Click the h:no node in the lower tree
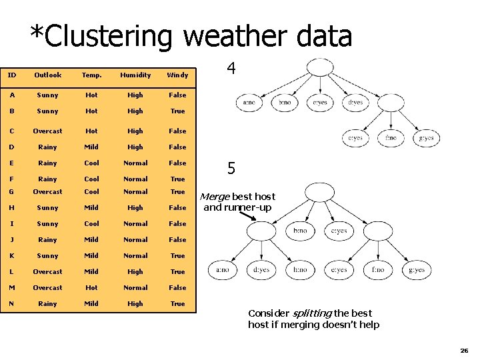pos(300,270)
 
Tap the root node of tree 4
pos(320,67)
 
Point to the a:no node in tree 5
pos(221,270)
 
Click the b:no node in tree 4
pos(284,103)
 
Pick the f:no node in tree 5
pos(377,270)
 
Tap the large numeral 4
pos(231,69)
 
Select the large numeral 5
pos(231,169)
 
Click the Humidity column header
pos(135,75)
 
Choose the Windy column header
pos(177,75)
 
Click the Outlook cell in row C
pos(48,131)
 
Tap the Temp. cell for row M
pos(91,288)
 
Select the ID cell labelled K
pos(12,256)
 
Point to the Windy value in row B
pos(177,111)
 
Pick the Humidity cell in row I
pos(135,224)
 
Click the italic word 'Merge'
pos(214,197)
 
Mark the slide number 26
pos(464,350)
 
